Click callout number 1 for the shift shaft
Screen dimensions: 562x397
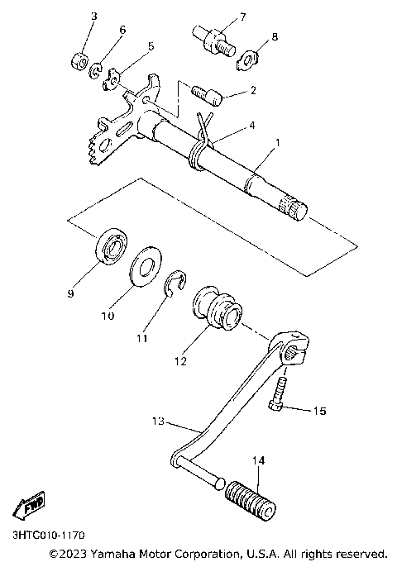pos(278,142)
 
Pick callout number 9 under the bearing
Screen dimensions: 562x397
pos(71,293)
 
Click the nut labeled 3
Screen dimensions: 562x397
pos(79,61)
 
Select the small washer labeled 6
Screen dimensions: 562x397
pos(98,68)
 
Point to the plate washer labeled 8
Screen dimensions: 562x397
pos(248,59)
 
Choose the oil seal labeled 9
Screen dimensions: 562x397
pos(108,245)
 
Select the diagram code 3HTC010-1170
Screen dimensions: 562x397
pos(48,536)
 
